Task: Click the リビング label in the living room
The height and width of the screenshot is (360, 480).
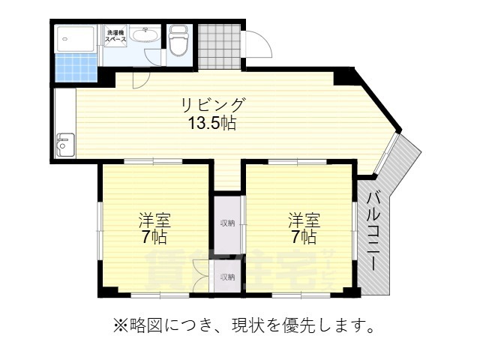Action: pos(211,105)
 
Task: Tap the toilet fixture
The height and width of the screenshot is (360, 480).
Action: pos(179,40)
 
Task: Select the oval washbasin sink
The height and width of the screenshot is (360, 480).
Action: pos(143,34)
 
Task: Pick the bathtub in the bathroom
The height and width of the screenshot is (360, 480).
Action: pos(77,37)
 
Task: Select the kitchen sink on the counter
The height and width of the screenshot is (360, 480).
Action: pos(65,143)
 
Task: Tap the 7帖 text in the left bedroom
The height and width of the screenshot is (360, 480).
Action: pos(154,238)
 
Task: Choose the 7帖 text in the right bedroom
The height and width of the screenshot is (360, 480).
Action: pos(304,238)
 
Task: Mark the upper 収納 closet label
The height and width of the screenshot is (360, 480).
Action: pos(227,223)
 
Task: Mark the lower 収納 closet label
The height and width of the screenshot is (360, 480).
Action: pos(227,277)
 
